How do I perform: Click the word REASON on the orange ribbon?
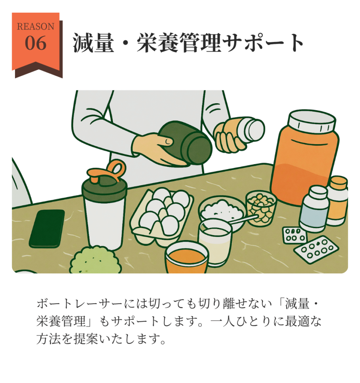(x=36, y=27)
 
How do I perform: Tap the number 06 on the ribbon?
(x=36, y=43)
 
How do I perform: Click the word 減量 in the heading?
(x=93, y=43)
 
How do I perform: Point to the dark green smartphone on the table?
(x=47, y=229)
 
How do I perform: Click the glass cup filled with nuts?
(x=261, y=208)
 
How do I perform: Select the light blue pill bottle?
(x=314, y=209)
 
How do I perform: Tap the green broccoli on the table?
(x=95, y=260)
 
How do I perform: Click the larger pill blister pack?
(x=316, y=249)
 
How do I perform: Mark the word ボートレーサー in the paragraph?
(x=80, y=304)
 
